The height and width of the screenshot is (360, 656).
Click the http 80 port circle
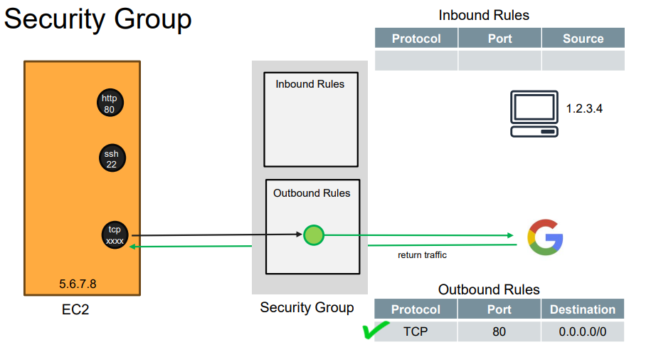coord(110,104)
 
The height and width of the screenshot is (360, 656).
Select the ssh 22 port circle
coord(112,158)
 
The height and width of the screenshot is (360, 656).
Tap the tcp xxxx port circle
coord(115,235)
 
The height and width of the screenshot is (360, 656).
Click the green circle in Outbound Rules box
coord(313,235)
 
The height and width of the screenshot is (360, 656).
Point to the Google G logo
coord(545,238)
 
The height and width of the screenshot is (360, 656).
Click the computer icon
coord(534,114)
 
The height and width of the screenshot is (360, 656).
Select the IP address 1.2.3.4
coord(584,109)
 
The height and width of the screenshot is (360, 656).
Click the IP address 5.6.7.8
coord(78,284)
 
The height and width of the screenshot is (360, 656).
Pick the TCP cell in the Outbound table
coord(416,331)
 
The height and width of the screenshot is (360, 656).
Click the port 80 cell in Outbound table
coord(499,331)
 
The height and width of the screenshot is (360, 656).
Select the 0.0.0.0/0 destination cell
coord(582,331)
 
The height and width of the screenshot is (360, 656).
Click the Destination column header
coord(582,309)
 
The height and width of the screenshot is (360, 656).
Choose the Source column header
coord(583,38)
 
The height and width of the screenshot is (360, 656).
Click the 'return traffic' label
coord(422,254)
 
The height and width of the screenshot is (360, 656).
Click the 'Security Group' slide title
coord(97,19)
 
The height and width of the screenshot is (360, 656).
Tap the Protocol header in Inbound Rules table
coord(416,38)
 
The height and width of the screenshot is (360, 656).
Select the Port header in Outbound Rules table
coord(499,309)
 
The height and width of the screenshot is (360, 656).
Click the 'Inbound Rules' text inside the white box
coord(310,84)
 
